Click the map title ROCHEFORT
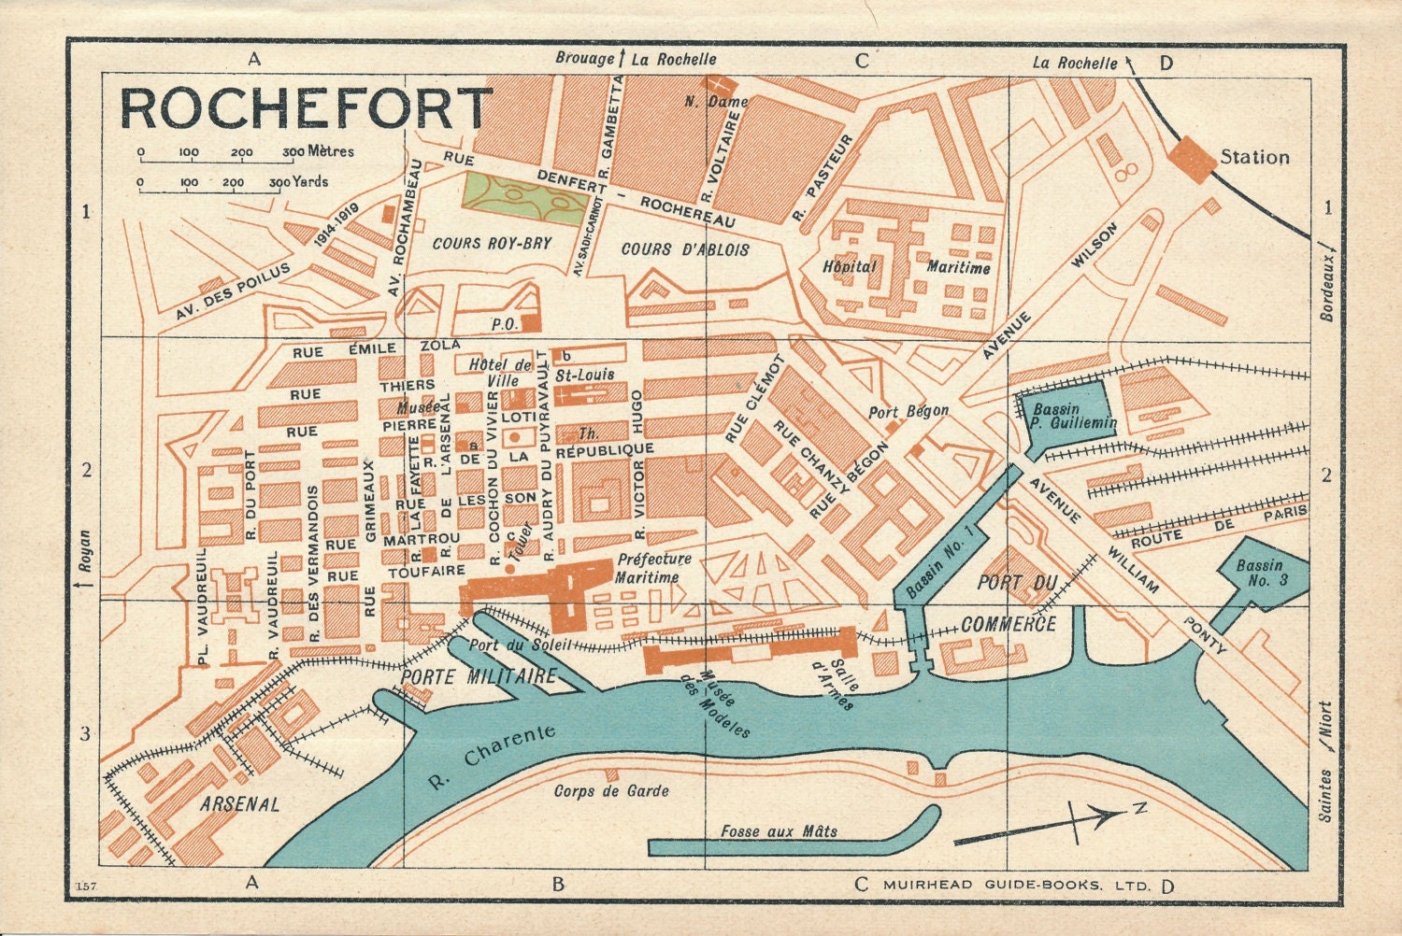tap(306, 108)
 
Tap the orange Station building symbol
tap(1192, 158)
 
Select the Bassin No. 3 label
tap(1261, 573)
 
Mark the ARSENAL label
tap(239, 803)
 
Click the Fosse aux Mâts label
tap(779, 830)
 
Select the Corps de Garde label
tap(611, 791)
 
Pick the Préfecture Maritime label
tap(652, 568)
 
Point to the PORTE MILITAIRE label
tap(479, 677)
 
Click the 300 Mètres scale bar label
tap(318, 151)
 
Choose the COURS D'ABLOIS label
tap(685, 249)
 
